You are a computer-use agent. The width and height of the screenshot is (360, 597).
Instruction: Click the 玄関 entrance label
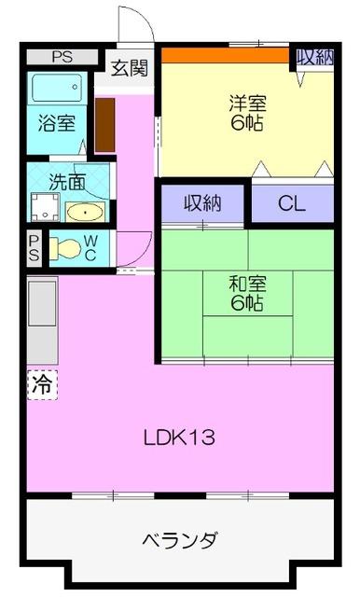129,68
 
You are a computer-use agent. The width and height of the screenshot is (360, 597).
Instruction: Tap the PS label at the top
62,57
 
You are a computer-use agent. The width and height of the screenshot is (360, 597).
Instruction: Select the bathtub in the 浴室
59,90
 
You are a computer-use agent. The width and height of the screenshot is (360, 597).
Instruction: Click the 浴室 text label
56,123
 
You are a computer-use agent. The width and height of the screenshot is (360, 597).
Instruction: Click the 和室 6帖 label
245,292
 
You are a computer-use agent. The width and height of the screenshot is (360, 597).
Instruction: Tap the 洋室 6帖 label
247,112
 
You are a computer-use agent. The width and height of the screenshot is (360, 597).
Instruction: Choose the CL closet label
292,203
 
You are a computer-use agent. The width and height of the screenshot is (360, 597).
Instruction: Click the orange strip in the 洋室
225,55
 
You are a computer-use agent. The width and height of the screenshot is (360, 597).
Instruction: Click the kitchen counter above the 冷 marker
42,322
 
